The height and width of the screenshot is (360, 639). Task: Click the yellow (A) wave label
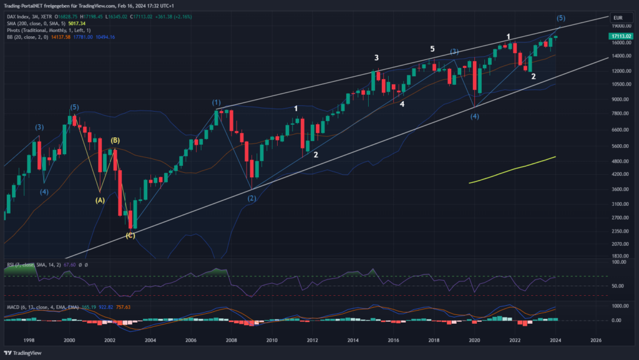pyautogui.click(x=99, y=200)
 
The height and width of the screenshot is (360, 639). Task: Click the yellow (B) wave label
pyautogui.click(x=115, y=140)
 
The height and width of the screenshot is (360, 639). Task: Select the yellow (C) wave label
pyautogui.click(x=130, y=235)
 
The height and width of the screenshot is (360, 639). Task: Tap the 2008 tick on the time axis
pyautogui.click(x=232, y=341)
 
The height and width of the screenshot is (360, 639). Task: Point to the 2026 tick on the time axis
pyautogui.click(x=596, y=341)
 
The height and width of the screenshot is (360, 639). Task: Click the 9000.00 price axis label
pyautogui.click(x=620, y=99)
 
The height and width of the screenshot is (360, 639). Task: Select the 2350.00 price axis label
pyautogui.click(x=620, y=230)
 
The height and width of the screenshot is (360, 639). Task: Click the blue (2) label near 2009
pyautogui.click(x=251, y=198)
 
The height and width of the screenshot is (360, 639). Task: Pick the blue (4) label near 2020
pyautogui.click(x=475, y=116)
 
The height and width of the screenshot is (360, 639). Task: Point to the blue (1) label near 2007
pyautogui.click(x=216, y=102)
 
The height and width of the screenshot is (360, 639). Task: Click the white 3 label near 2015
pyautogui.click(x=376, y=58)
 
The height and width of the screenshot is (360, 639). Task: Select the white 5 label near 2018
pyautogui.click(x=432, y=49)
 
